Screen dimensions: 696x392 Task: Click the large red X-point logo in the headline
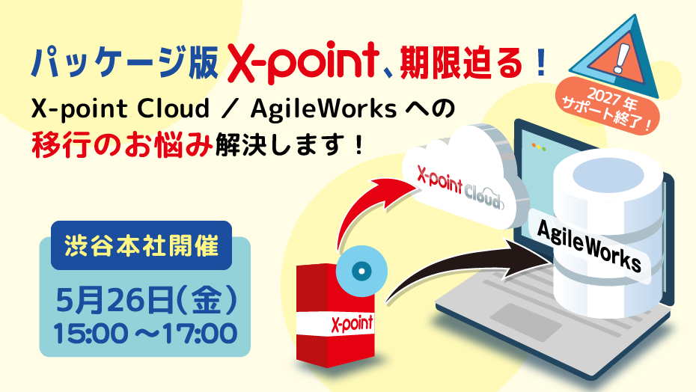[x=303, y=62]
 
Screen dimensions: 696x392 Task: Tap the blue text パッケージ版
[x=125, y=62]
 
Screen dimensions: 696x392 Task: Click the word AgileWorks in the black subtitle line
[x=323, y=108]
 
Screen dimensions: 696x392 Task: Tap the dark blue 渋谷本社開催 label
[x=141, y=245]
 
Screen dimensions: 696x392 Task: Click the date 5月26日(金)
[x=146, y=300]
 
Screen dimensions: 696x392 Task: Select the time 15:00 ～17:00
[x=145, y=334]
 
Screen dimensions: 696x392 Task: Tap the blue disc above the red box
[x=361, y=271]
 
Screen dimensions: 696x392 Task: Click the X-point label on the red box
[x=352, y=324]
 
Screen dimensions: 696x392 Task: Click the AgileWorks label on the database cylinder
[x=589, y=245]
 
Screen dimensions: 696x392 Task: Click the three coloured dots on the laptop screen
[x=538, y=147]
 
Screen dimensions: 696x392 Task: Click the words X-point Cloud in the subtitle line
[x=120, y=108]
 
